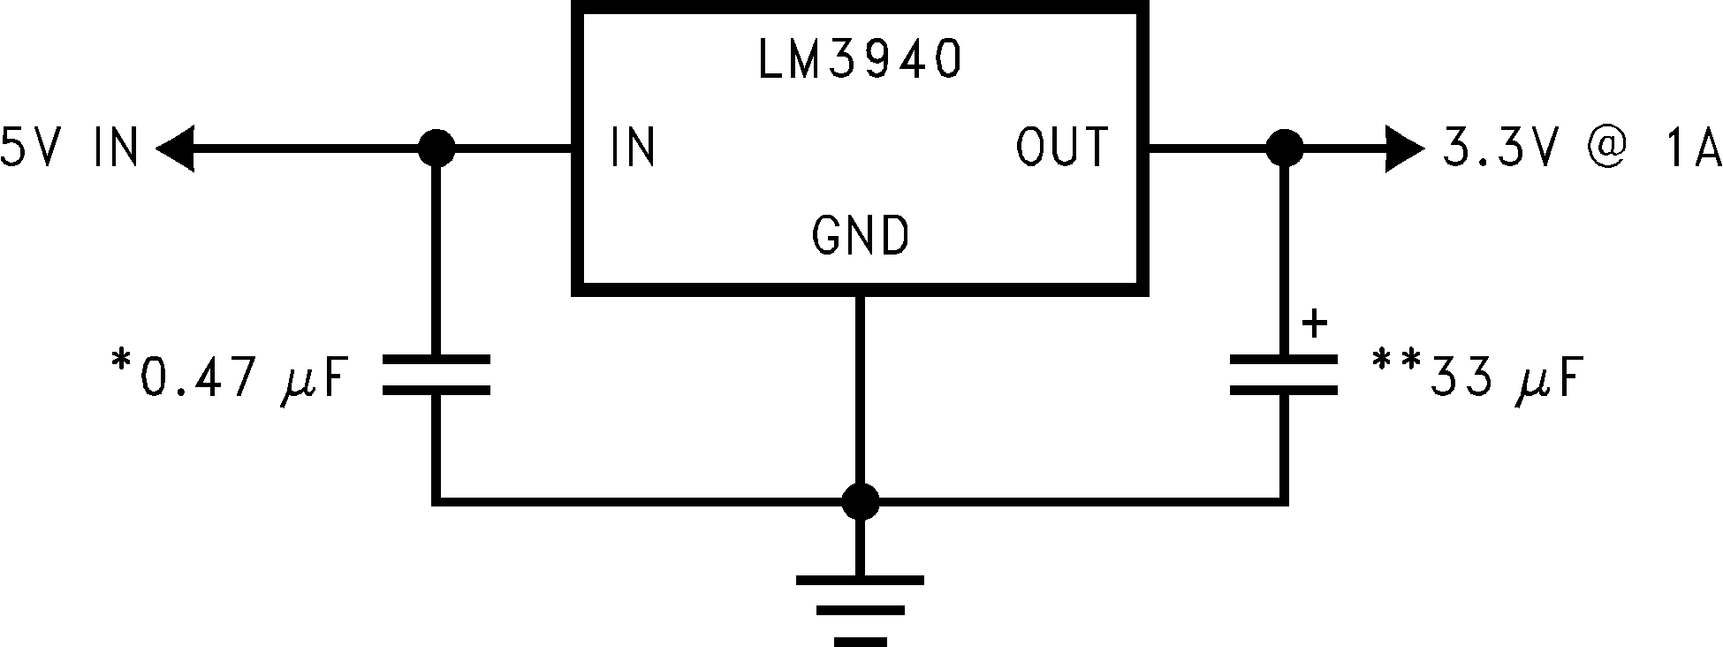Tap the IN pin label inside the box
633,148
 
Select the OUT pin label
1061,148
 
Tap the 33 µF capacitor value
1502,377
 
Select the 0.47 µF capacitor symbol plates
436,374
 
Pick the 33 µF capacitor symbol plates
1285,374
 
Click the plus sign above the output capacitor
1315,323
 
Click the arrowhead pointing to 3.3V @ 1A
1404,148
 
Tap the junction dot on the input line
436,148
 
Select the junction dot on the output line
1285,148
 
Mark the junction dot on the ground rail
860,502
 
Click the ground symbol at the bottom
860,610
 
